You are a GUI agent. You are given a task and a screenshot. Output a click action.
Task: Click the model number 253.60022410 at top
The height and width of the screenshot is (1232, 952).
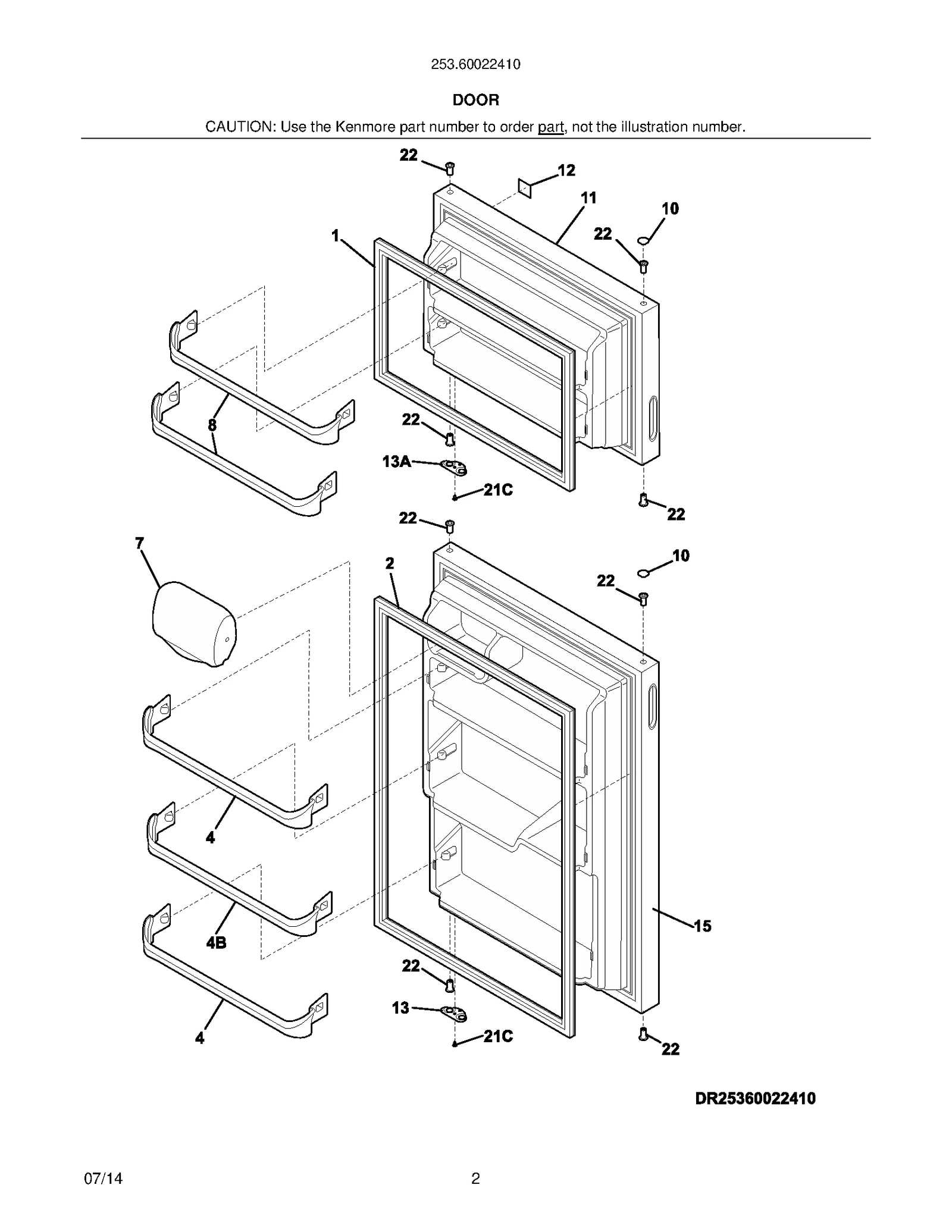[x=475, y=64]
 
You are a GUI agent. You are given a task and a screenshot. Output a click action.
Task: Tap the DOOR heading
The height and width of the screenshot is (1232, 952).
[x=475, y=100]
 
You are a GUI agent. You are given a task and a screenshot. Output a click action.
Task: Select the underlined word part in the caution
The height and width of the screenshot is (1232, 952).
[x=550, y=127]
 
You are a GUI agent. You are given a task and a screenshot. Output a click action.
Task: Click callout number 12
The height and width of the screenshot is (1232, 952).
[x=566, y=171]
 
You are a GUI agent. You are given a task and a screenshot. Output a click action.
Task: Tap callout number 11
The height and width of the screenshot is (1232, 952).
[x=588, y=198]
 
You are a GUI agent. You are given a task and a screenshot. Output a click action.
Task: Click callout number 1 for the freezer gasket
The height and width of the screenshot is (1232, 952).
[x=336, y=236]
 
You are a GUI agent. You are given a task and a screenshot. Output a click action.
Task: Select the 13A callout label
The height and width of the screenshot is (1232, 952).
[x=396, y=461]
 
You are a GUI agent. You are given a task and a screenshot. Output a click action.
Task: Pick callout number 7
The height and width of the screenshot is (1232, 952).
[x=140, y=543]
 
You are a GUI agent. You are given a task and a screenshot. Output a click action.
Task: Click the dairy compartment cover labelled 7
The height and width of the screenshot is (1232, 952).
[x=193, y=623]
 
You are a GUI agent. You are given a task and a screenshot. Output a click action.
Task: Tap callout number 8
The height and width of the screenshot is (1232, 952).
[x=212, y=425]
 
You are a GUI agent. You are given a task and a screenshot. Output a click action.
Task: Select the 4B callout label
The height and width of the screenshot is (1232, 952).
[x=216, y=943]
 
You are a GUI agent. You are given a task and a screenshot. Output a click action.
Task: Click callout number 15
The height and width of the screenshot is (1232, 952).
[x=702, y=926]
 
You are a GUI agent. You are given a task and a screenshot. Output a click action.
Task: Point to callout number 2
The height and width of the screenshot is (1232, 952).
[x=390, y=563]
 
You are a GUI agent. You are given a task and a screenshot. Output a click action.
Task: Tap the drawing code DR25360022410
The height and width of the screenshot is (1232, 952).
[x=755, y=1098]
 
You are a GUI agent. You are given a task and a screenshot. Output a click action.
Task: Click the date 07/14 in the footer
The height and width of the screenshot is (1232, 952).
[x=104, y=1178]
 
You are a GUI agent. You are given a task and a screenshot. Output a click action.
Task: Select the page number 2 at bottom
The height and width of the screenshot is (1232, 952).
[x=475, y=1178]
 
